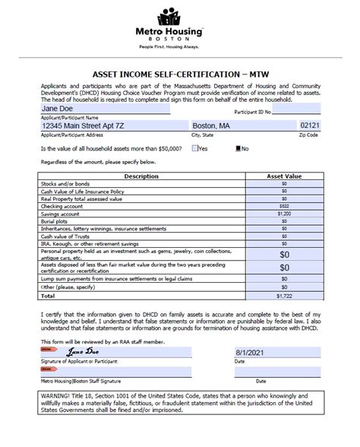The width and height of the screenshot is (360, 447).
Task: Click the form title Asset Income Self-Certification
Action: [179, 75]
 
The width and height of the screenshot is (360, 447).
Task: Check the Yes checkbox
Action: [196, 148]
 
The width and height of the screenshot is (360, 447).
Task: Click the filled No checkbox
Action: [238, 148]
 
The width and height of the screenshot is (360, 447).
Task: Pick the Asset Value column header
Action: [285, 176]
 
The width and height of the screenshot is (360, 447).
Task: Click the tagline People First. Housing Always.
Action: [179, 46]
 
